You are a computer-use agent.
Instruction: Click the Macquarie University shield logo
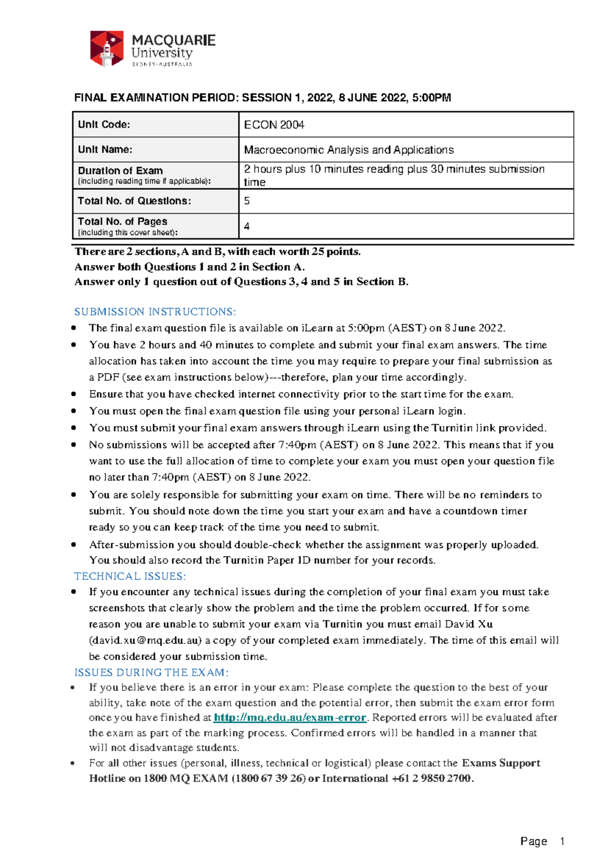pyautogui.click(x=106, y=49)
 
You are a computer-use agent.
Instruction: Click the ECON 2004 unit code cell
pyautogui.click(x=274, y=125)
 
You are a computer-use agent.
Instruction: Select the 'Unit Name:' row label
pyautogui.click(x=105, y=149)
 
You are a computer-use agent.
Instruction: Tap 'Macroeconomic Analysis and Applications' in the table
pyautogui.click(x=349, y=150)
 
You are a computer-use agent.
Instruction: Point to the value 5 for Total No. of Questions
pyautogui.click(x=247, y=201)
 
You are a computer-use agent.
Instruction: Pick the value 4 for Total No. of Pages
pyautogui.click(x=247, y=226)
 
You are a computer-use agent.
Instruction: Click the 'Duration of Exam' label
pyautogui.click(x=121, y=171)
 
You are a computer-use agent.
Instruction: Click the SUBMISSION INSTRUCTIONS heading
pyautogui.click(x=155, y=311)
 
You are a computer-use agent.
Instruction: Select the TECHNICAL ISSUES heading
pyautogui.click(x=130, y=576)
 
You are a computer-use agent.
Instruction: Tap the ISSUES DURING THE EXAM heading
pyautogui.click(x=151, y=673)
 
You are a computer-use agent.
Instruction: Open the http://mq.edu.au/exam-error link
pyautogui.click(x=290, y=718)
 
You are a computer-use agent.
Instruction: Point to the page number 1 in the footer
pyautogui.click(x=562, y=841)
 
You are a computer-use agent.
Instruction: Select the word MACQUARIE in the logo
pyautogui.click(x=173, y=41)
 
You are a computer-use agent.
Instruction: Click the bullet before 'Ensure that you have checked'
pyautogui.click(x=74, y=394)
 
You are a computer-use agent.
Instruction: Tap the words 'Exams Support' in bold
pyautogui.click(x=501, y=763)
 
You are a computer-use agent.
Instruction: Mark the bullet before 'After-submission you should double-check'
pyautogui.click(x=74, y=545)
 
